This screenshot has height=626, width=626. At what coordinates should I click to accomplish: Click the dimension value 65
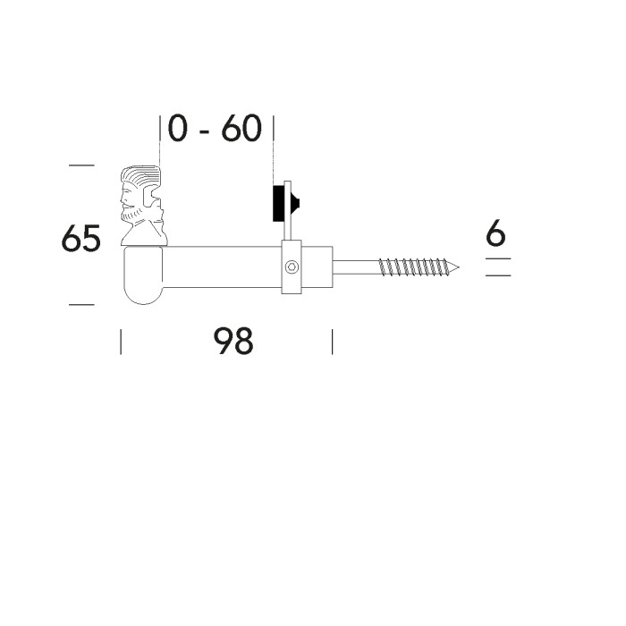(80, 240)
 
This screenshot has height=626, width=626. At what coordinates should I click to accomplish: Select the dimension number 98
(233, 341)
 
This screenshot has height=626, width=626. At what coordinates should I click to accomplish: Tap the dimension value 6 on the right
(496, 234)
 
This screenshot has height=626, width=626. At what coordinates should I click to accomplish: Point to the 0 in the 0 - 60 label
(178, 129)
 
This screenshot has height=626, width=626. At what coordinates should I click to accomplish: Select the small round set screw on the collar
(292, 266)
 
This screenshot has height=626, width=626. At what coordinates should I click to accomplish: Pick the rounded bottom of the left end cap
(142, 294)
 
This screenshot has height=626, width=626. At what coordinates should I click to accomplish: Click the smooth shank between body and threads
(355, 266)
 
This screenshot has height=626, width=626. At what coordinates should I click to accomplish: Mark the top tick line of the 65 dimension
(80, 165)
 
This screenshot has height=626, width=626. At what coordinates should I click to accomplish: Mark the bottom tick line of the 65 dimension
(80, 305)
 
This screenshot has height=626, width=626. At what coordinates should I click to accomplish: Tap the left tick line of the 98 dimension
(121, 341)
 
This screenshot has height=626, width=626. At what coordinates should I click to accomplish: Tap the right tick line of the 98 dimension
(332, 341)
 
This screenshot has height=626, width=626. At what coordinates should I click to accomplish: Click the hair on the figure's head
(139, 175)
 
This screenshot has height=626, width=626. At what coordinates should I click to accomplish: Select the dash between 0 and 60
(206, 131)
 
